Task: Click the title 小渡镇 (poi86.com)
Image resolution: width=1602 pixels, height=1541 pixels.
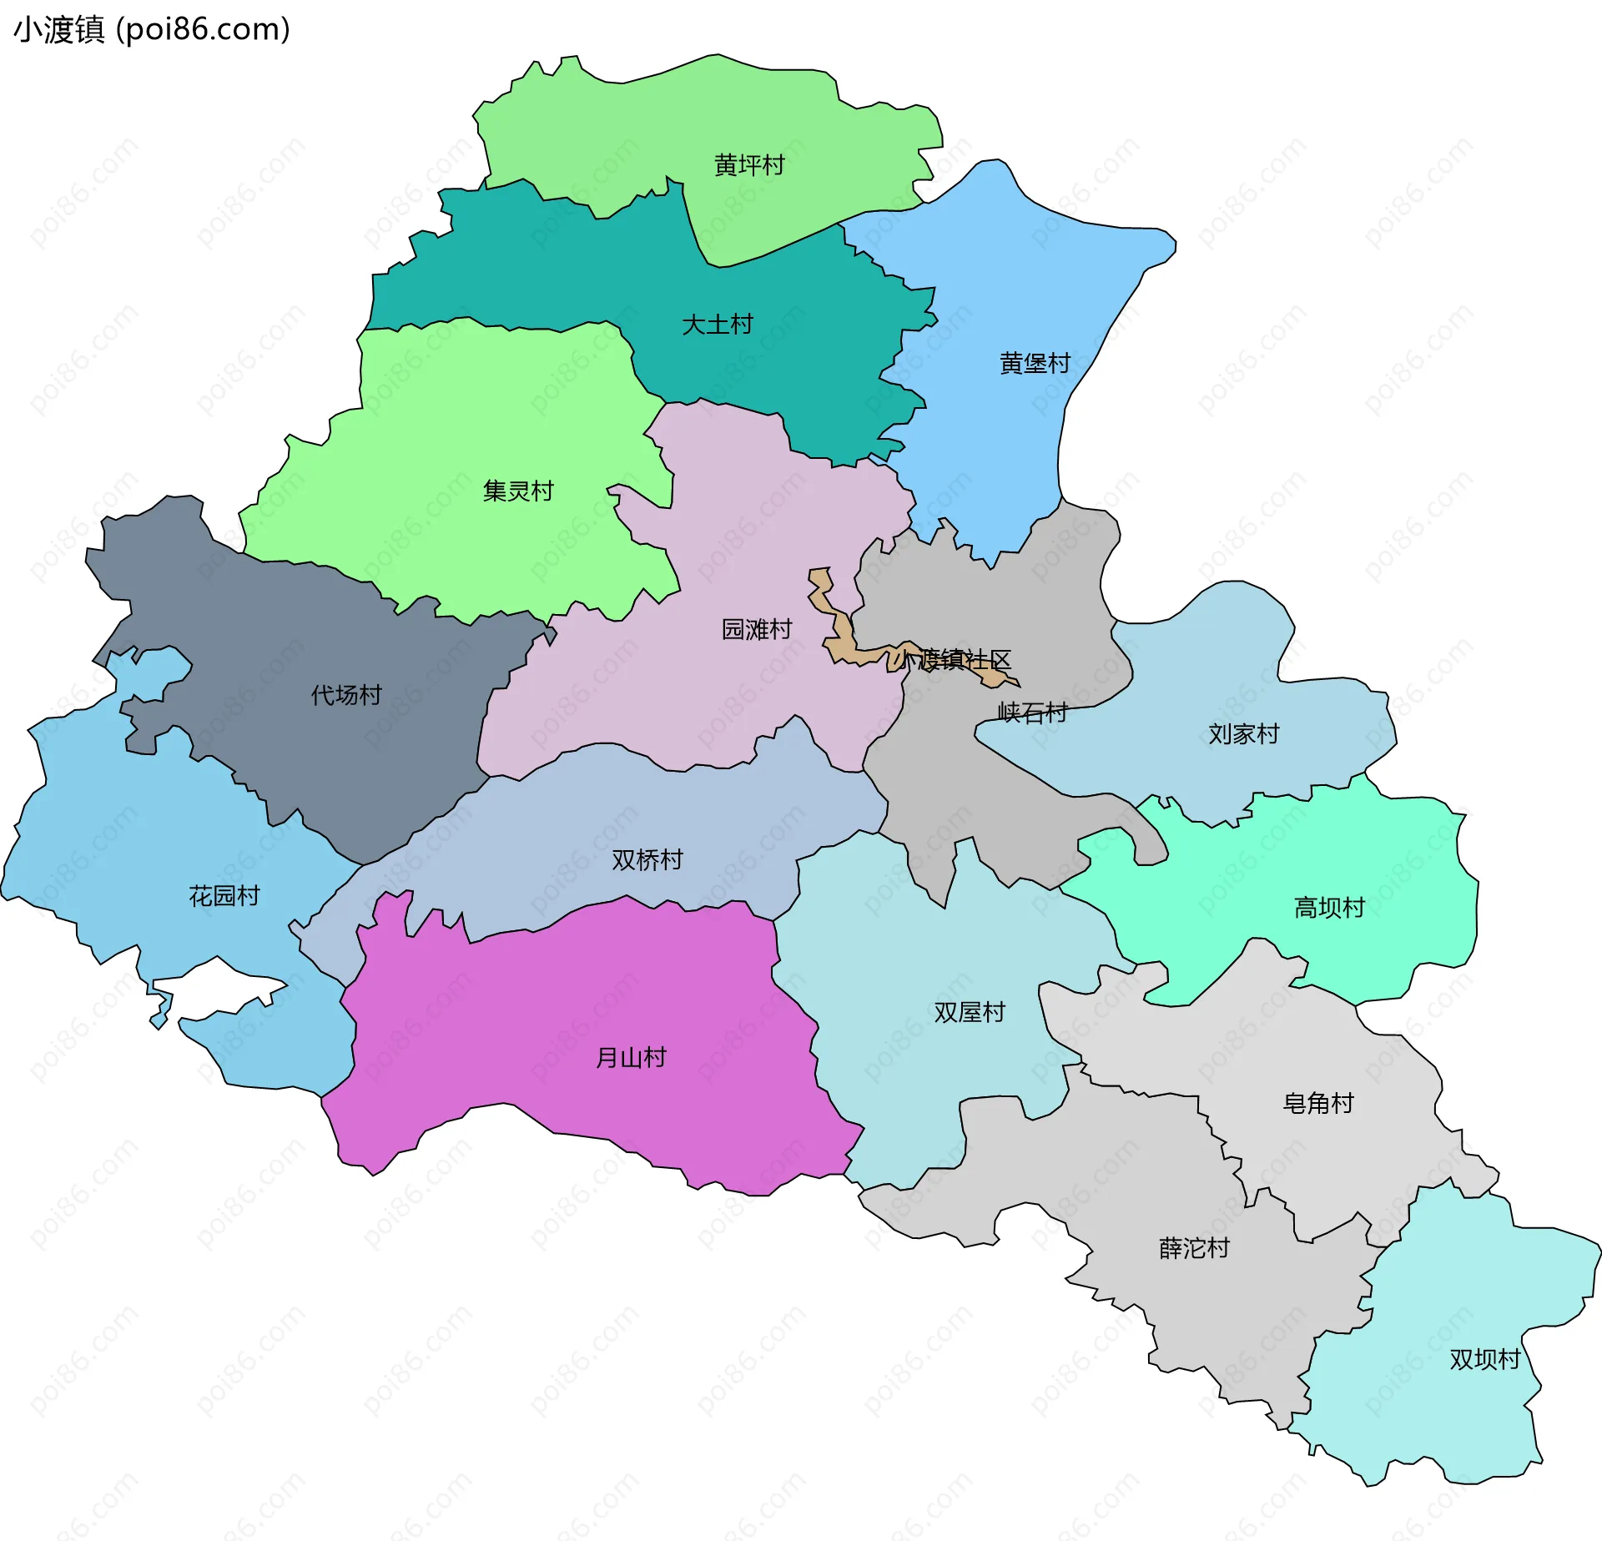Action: (x=152, y=29)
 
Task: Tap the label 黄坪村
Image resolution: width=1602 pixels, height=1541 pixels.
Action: (x=749, y=165)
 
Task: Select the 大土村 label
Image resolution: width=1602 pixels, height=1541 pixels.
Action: (x=717, y=324)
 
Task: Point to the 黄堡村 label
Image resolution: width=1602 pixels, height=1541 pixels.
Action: (x=1035, y=363)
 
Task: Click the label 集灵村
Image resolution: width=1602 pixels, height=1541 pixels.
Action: (x=518, y=491)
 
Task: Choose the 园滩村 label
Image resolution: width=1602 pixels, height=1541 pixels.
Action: (x=756, y=629)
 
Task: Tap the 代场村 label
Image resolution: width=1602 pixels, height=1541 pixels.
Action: (x=346, y=694)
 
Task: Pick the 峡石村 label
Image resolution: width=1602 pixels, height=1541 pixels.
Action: (x=1033, y=712)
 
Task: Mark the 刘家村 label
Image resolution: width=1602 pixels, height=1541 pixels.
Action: (x=1243, y=733)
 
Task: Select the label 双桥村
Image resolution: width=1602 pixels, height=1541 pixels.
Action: (x=647, y=859)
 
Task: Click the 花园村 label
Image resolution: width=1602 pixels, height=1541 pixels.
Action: (x=224, y=895)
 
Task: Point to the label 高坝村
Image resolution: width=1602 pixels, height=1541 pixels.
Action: (x=1329, y=907)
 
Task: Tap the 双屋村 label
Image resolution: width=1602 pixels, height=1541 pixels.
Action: (x=970, y=1012)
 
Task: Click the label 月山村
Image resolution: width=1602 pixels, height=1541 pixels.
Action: (x=631, y=1058)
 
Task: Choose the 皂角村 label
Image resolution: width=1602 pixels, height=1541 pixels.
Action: (x=1318, y=1103)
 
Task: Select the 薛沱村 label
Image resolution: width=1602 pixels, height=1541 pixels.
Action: (x=1194, y=1248)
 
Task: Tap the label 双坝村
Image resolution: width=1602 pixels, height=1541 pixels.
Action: (x=1485, y=1359)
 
